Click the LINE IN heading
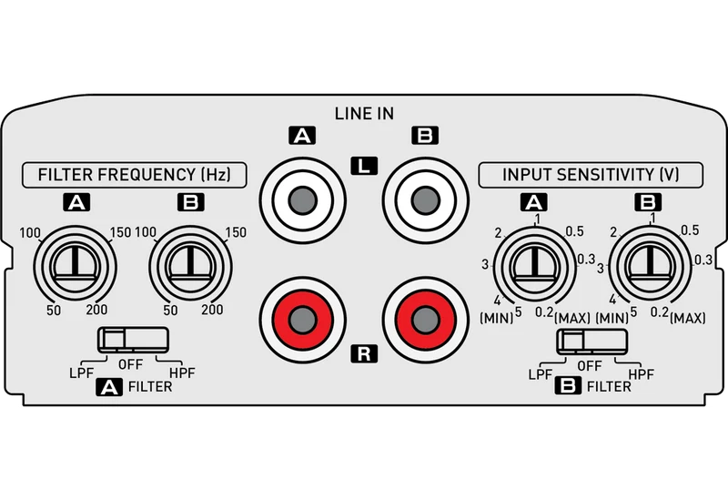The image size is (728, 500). [364, 113]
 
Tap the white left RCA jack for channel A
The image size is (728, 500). [303, 200]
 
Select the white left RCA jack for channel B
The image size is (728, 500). [425, 200]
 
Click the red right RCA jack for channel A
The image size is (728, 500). [303, 320]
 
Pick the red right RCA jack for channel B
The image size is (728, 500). [425, 320]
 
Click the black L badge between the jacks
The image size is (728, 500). [365, 166]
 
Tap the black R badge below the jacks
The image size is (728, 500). [365, 354]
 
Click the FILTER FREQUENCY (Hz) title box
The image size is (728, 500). [134, 175]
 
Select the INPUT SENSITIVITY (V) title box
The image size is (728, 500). [591, 175]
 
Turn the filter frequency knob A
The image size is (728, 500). [75, 267]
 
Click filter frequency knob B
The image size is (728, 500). [190, 267]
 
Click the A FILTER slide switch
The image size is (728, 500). [133, 339]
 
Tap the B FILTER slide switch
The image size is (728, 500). [592, 342]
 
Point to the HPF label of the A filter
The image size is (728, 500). [182, 372]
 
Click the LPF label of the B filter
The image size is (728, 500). [541, 374]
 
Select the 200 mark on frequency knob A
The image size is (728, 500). [96, 310]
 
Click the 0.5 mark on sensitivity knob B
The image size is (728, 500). [690, 230]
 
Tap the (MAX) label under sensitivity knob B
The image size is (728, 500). [688, 319]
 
